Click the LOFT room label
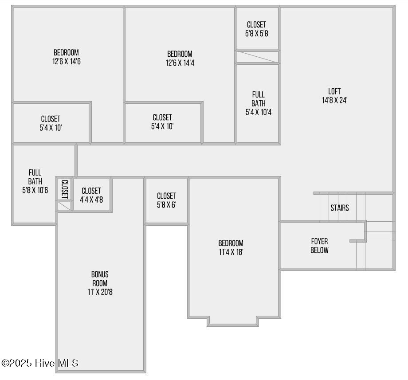click(334, 91)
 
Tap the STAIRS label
click(340, 208)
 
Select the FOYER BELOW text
click(319, 246)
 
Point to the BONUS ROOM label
click(100, 279)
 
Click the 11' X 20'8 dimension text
click(100, 292)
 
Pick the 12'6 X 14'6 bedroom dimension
click(66, 62)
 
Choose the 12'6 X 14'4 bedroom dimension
click(180, 63)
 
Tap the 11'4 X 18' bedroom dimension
click(231, 252)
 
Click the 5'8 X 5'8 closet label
click(256, 33)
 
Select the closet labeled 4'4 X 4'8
click(91, 195)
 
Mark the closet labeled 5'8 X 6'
click(167, 200)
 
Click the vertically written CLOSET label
click(64, 189)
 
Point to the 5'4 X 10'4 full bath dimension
click(259, 112)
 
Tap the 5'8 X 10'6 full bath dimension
click(35, 190)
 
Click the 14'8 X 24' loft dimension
click(334, 100)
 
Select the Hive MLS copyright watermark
click(40, 363)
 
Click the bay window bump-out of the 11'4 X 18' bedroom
click(233, 321)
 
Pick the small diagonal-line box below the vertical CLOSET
click(64, 206)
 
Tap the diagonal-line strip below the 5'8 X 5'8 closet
click(258, 57)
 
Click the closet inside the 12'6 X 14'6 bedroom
click(51, 123)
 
